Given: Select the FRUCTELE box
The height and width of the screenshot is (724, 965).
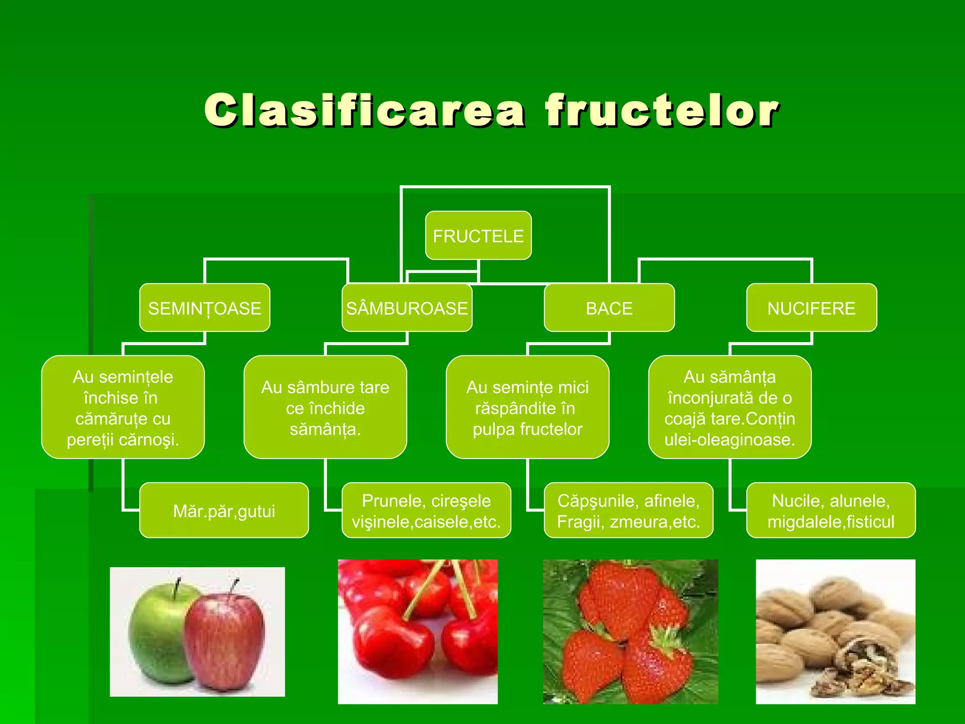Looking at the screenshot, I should click(x=478, y=236).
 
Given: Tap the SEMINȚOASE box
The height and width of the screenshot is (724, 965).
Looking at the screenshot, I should click(x=204, y=308).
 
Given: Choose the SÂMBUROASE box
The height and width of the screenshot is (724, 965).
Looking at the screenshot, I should click(x=407, y=308).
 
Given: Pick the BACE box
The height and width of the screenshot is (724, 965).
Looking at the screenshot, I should click(x=609, y=308).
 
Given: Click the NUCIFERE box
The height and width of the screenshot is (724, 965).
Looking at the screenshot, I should click(x=811, y=308).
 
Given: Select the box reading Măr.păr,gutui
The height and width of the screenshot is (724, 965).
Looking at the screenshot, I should click(x=224, y=510).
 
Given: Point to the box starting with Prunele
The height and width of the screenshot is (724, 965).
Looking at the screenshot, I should click(x=426, y=510).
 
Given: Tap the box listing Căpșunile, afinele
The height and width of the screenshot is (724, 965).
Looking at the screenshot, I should click(x=629, y=510).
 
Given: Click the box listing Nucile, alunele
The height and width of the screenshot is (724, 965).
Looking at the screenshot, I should click(x=831, y=510).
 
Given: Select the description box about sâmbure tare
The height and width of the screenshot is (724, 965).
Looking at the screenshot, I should click(x=325, y=408).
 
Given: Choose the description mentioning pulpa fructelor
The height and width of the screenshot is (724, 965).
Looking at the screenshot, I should click(x=527, y=408).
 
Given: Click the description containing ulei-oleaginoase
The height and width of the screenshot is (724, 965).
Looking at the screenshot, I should click(x=729, y=408).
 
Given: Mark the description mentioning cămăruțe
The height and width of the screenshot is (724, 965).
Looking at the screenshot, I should click(x=123, y=408).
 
